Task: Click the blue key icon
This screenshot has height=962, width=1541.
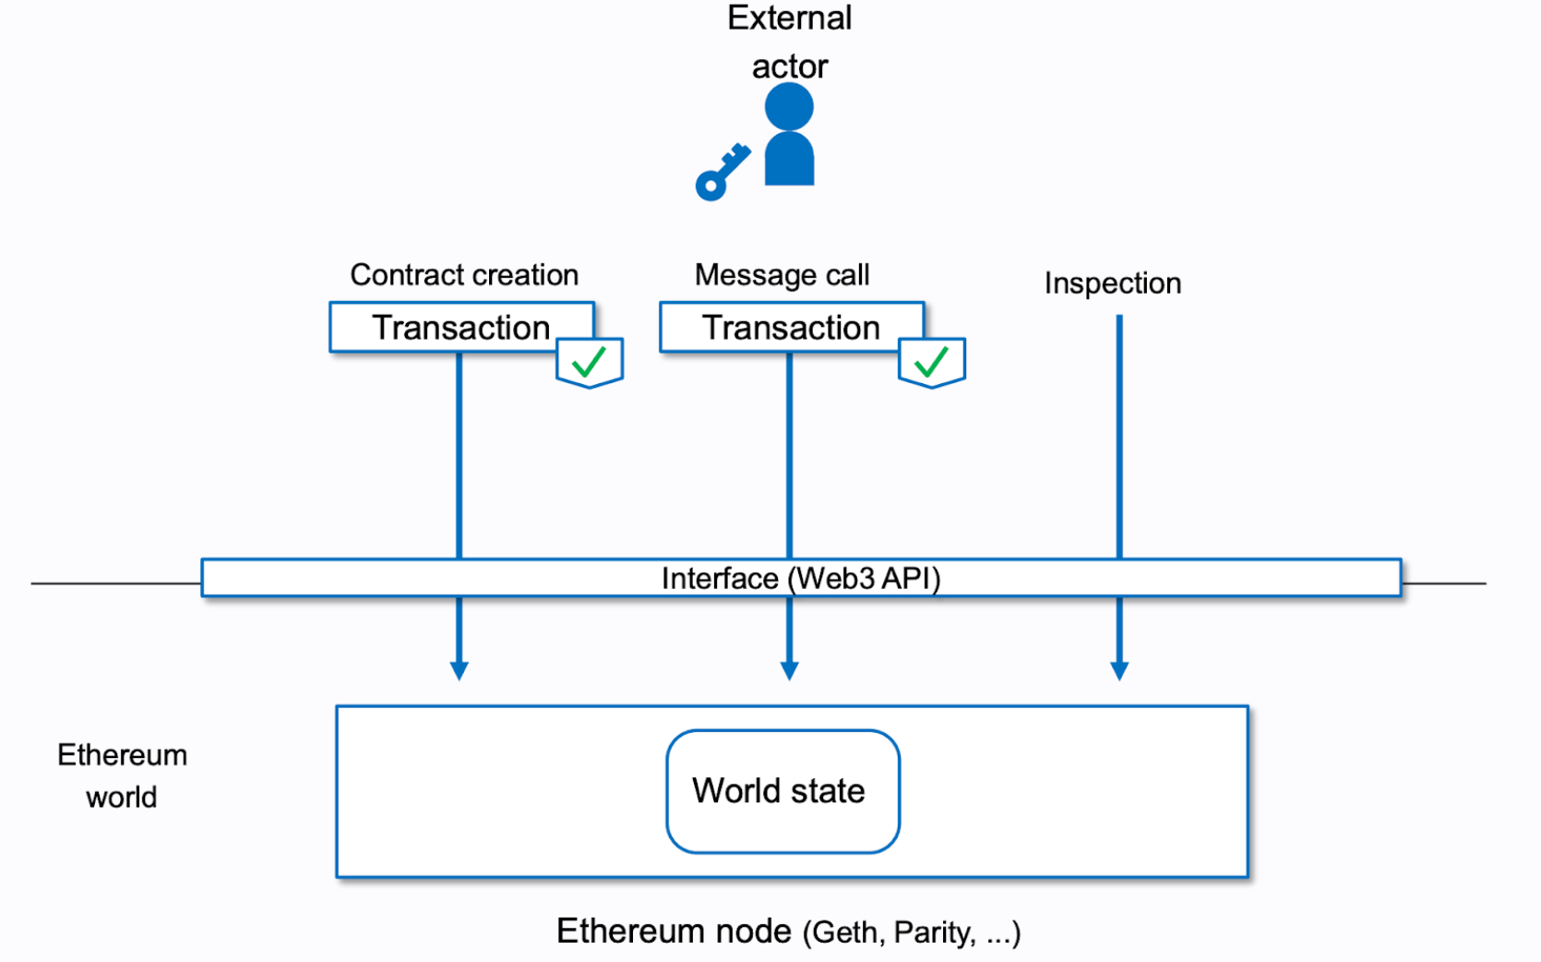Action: tap(722, 173)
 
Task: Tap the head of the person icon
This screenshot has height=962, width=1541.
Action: tap(789, 106)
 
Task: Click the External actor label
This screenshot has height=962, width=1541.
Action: tap(789, 42)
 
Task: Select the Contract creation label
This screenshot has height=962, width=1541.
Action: tap(463, 275)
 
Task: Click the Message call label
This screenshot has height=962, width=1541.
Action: tap(782, 275)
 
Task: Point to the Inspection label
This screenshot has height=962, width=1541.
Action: tap(1112, 283)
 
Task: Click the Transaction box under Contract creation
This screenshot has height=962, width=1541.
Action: tap(460, 328)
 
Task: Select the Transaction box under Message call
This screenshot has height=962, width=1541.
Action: tap(791, 328)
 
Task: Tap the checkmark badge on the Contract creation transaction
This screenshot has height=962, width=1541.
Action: tap(590, 362)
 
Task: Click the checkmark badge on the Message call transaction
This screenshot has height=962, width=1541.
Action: tap(932, 362)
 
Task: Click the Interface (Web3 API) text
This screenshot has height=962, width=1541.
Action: tap(800, 579)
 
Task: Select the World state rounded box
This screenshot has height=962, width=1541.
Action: tap(782, 791)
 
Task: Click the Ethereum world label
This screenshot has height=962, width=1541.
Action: tap(122, 776)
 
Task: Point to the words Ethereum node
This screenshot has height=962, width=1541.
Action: tap(674, 931)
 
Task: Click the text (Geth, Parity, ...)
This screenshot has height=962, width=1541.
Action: tap(911, 932)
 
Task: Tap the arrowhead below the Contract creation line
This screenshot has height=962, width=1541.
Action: tap(460, 670)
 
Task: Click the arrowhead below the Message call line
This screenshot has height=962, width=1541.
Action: tap(789, 670)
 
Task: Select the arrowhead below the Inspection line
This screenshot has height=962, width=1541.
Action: tap(1119, 670)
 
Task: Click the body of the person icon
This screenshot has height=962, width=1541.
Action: tap(789, 161)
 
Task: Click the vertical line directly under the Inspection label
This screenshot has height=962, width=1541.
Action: tap(1119, 434)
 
